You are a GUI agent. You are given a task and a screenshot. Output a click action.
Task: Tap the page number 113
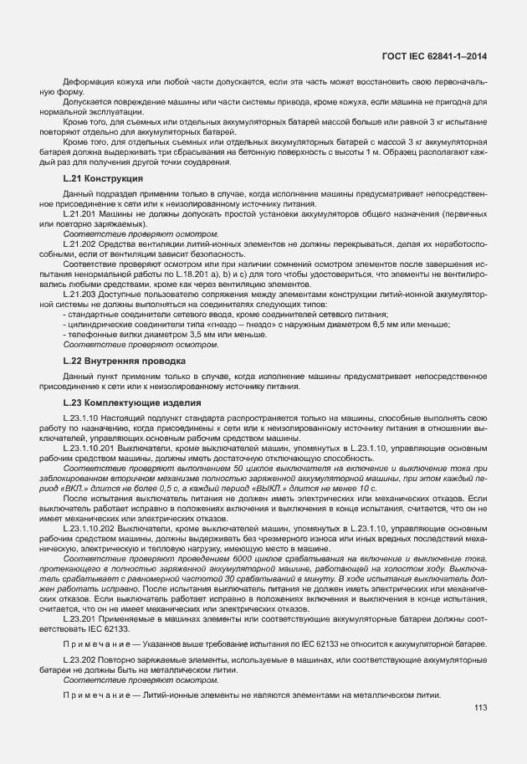[x=479, y=709]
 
